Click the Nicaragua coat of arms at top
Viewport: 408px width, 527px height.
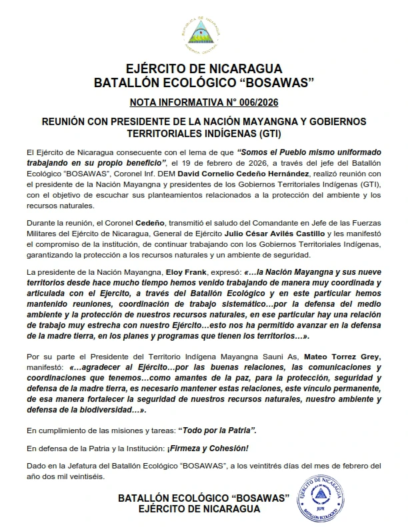click(204, 34)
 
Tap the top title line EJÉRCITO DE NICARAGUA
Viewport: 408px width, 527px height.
click(204, 69)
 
